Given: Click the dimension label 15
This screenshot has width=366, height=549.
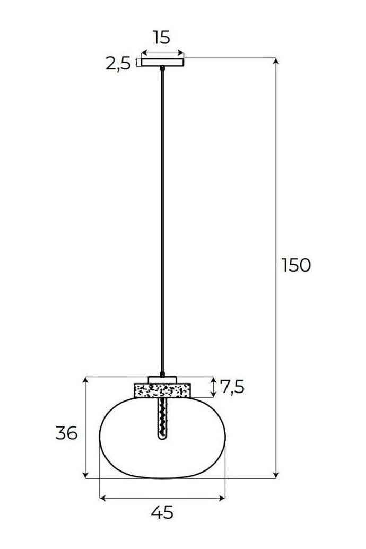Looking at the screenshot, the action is pos(161,37).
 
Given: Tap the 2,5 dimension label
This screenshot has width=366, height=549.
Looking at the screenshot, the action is pos(118,63).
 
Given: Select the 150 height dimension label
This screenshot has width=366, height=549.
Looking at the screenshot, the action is pos(296,265).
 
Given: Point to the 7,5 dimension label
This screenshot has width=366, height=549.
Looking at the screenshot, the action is pos(232,387).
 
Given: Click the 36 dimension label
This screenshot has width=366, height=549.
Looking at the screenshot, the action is pos(66,433).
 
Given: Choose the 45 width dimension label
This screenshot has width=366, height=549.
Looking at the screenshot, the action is pos(162,513).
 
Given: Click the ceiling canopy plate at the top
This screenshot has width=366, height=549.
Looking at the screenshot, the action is pos(162,62).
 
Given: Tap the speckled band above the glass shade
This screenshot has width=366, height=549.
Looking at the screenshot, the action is pos(162,390).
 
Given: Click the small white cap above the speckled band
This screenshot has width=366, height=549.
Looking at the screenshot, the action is pos(162,380).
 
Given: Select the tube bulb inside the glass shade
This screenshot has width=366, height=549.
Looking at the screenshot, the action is pos(162,419).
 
